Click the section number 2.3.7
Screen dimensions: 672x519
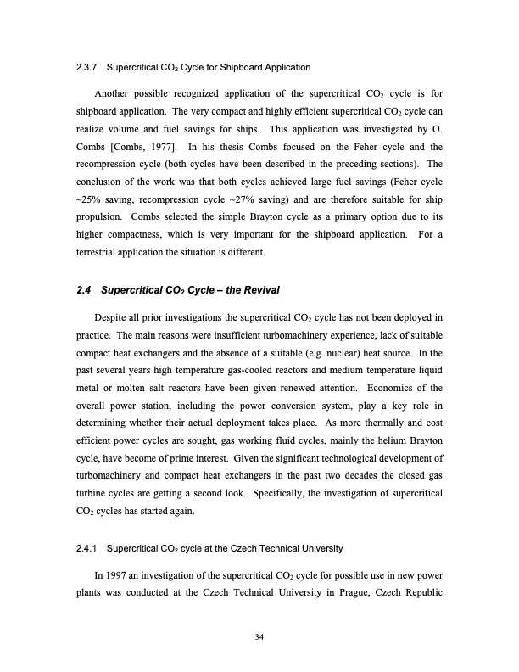(89, 66)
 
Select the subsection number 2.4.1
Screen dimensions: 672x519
(89, 543)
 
